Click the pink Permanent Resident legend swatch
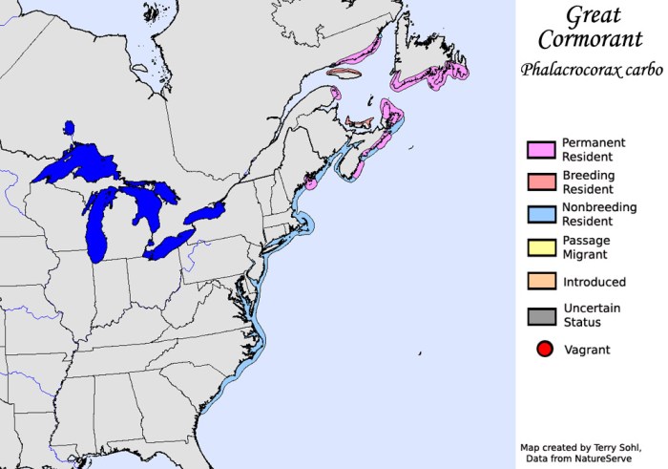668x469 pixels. (x=541, y=149)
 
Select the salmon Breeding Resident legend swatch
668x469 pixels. (x=541, y=181)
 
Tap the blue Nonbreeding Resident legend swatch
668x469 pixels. (x=541, y=214)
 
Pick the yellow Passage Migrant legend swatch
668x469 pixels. (x=541, y=247)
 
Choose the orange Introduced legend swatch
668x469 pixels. (x=541, y=281)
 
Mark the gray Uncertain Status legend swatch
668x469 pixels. (x=541, y=314)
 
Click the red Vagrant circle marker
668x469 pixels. (x=544, y=349)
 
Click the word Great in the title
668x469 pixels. (x=593, y=15)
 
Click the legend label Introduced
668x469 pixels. (x=594, y=282)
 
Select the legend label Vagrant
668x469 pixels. (x=586, y=350)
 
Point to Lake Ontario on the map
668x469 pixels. (x=206, y=211)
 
